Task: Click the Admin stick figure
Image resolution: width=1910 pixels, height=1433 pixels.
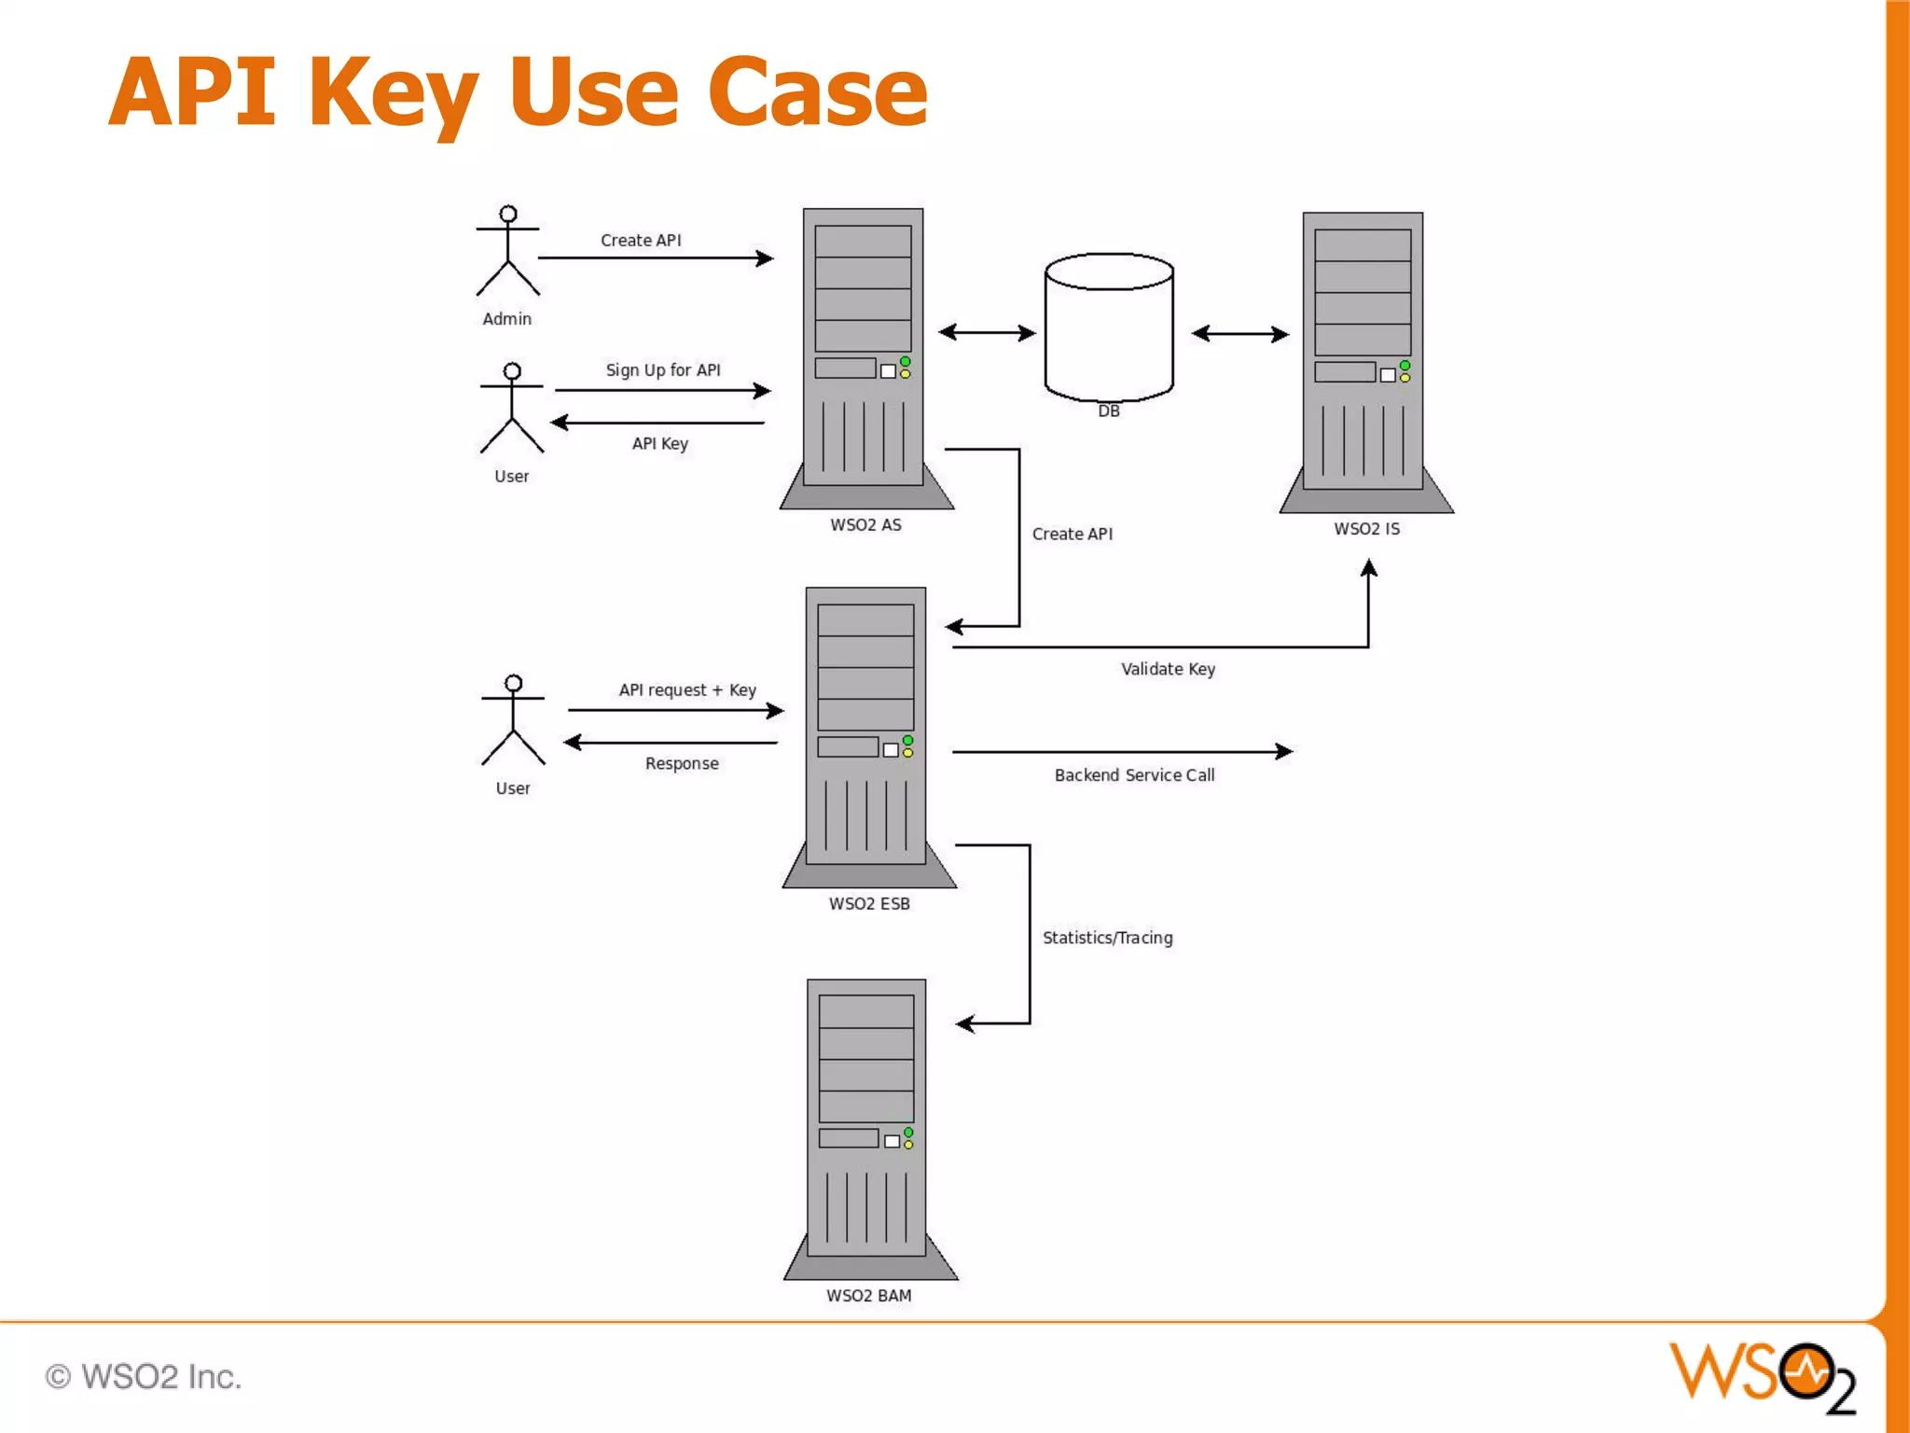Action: (507, 252)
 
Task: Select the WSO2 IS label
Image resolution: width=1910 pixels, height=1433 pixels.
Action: (1366, 529)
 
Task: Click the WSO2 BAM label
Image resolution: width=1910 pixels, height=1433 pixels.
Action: (868, 1296)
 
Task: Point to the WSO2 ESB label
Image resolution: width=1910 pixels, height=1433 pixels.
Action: (869, 904)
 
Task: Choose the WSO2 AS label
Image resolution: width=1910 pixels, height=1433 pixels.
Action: (865, 525)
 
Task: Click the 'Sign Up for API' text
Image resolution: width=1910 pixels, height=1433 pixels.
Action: (663, 370)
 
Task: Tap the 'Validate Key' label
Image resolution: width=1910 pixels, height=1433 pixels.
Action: (1168, 669)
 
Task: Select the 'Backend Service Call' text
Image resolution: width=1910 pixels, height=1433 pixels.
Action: (1134, 775)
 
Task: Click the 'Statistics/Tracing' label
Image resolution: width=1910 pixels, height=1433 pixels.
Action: (1107, 938)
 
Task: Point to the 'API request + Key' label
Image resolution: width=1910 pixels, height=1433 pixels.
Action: (687, 690)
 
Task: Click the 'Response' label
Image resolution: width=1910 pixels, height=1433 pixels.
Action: (682, 763)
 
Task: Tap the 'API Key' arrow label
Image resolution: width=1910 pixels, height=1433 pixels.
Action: (659, 443)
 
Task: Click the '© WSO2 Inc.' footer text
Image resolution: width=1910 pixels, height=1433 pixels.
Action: (144, 1376)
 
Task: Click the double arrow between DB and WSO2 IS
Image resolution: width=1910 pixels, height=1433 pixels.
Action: (1239, 334)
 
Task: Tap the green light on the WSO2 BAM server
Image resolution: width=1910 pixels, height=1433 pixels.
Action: (908, 1133)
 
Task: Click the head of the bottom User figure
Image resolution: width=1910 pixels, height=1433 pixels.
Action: (513, 683)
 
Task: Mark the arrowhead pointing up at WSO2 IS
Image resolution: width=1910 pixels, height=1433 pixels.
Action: (1368, 567)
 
